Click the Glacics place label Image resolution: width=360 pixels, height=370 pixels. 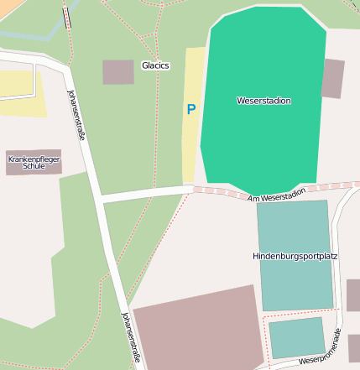click(155, 65)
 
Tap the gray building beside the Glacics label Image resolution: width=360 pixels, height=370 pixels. click(118, 72)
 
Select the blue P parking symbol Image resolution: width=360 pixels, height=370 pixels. click(191, 109)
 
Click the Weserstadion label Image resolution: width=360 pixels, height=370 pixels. click(263, 101)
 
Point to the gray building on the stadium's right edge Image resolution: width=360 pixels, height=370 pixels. click(333, 78)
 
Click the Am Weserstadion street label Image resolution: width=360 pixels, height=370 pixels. click(277, 195)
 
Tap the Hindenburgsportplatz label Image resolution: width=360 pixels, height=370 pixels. click(295, 255)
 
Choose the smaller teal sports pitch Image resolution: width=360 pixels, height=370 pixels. click(296, 337)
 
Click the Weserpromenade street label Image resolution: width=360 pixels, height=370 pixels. click(328, 352)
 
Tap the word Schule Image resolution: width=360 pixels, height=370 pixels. click(34, 166)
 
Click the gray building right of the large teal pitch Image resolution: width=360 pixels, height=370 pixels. click(353, 295)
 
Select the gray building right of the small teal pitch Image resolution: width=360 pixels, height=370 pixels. click(354, 347)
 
